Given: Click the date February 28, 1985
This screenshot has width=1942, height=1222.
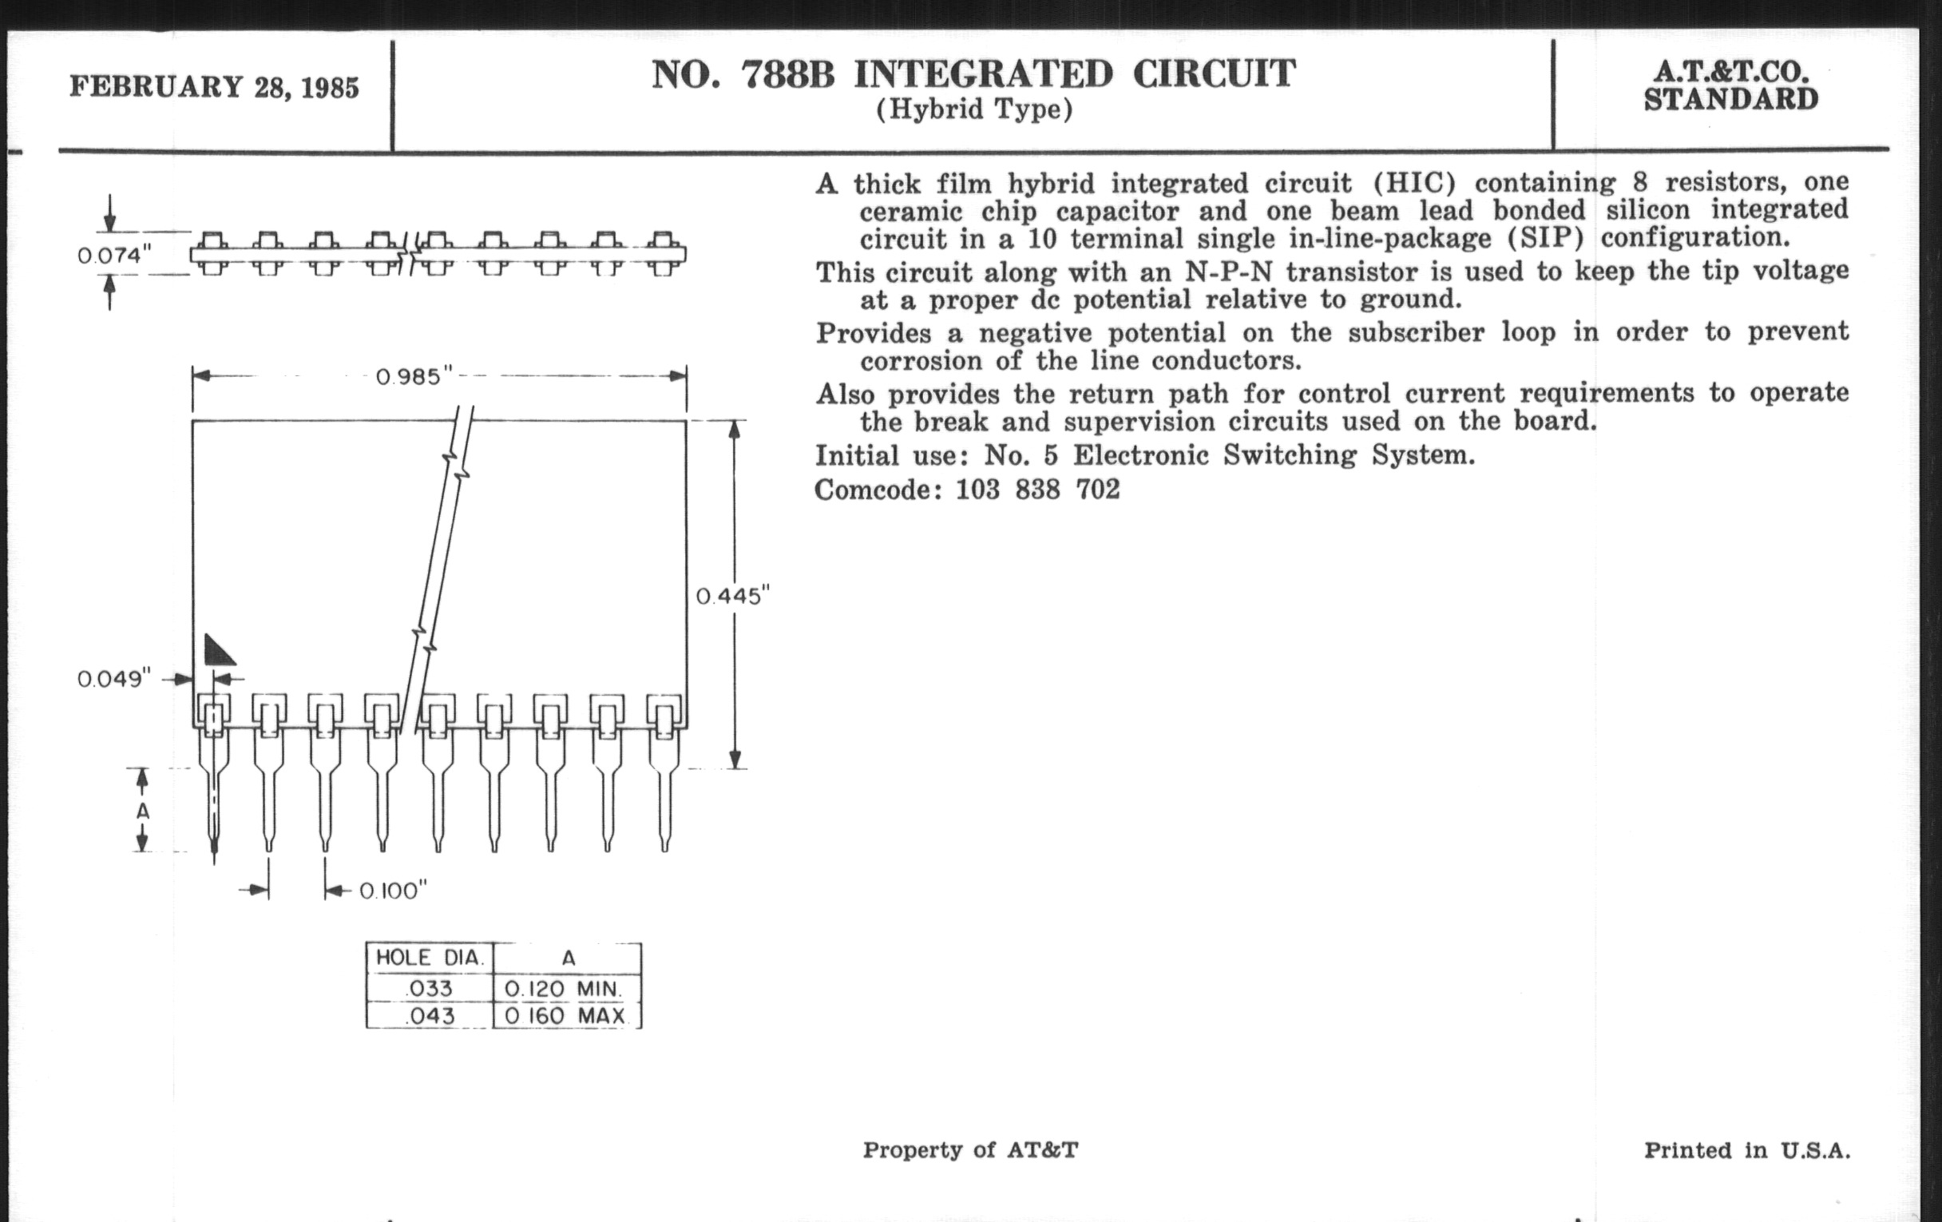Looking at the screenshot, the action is (214, 86).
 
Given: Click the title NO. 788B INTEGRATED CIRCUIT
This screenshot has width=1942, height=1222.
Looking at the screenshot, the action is (973, 74).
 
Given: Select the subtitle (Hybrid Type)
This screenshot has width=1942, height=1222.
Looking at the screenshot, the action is (974, 109).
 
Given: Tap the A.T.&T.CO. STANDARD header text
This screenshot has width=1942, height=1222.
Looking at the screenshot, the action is (1730, 85).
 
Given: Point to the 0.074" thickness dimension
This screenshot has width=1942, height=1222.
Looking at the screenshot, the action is (113, 256).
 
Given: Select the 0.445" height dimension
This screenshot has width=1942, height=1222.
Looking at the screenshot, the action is (732, 596).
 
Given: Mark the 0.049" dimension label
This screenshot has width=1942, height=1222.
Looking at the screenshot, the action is (113, 679).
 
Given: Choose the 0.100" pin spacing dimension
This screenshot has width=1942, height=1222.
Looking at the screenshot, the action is (392, 891).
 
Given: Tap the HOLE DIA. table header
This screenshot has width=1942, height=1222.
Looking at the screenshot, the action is (430, 958).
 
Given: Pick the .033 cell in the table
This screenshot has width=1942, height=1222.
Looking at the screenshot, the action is (430, 988).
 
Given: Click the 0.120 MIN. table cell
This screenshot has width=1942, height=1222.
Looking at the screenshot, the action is (564, 988).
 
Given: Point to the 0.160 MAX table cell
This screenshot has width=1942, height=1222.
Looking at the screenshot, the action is (565, 1015).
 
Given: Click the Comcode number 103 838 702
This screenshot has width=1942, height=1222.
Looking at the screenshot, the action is (1038, 490).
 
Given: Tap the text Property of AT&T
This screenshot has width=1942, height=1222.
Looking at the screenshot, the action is (970, 1149).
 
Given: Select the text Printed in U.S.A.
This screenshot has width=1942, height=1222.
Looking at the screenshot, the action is (1748, 1149).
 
